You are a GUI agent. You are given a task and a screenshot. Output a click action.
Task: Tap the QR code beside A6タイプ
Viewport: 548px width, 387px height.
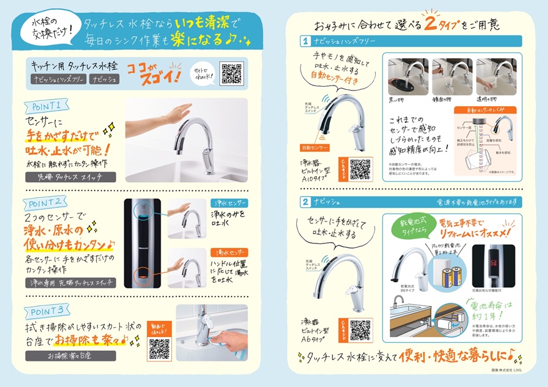coord(361,330)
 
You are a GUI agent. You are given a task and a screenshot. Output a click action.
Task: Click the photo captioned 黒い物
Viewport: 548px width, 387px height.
coord(407,77)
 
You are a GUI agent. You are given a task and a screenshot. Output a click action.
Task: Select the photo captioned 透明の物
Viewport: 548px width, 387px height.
coord(496,77)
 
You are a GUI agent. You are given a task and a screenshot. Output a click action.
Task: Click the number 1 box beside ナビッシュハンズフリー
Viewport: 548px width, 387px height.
coord(305,42)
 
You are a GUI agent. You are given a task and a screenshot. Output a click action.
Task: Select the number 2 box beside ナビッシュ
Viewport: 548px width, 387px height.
coord(305,202)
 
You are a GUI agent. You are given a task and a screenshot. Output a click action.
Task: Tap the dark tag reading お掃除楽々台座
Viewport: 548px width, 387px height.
coord(70,356)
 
